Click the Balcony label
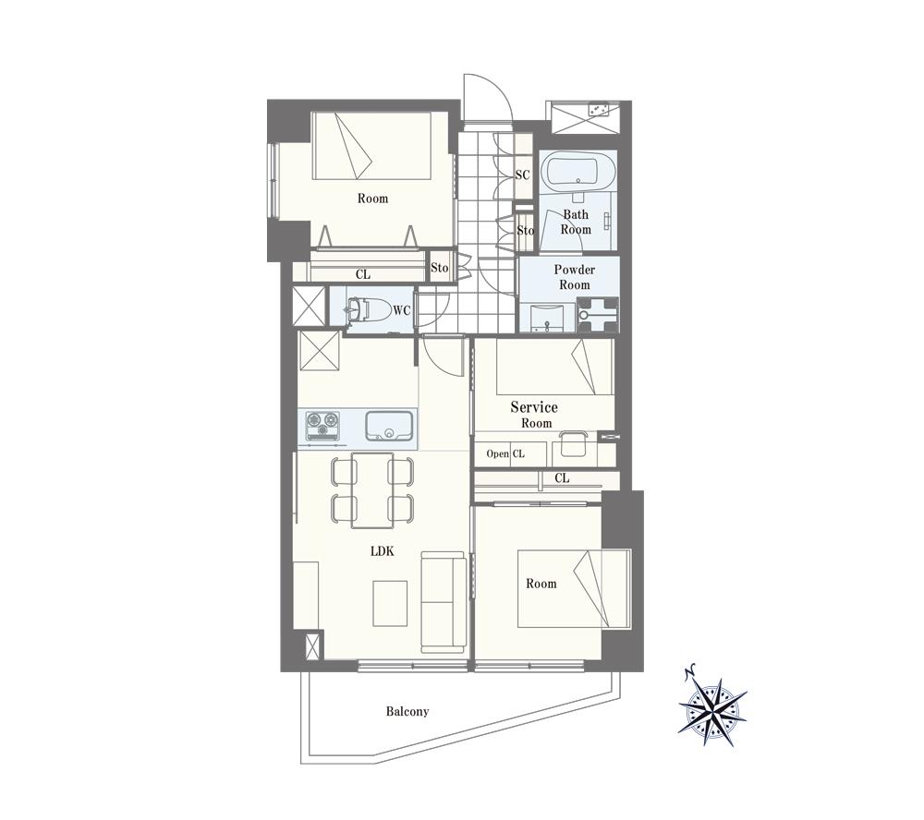[x=407, y=712]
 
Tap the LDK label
[x=382, y=551]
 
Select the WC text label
[x=402, y=310]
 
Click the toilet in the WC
[x=369, y=310]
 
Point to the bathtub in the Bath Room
[x=578, y=170]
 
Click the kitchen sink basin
[x=389, y=426]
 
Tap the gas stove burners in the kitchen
[x=323, y=426]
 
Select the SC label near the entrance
[x=522, y=175]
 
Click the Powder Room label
[x=575, y=277]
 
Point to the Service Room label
[x=534, y=415]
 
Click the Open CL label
[x=505, y=453]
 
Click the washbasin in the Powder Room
[x=547, y=319]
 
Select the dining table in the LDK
[x=372, y=490]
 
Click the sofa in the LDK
[x=444, y=602]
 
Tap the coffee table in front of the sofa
[x=390, y=603]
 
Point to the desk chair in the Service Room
[x=572, y=444]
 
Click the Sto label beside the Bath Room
[x=526, y=230]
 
